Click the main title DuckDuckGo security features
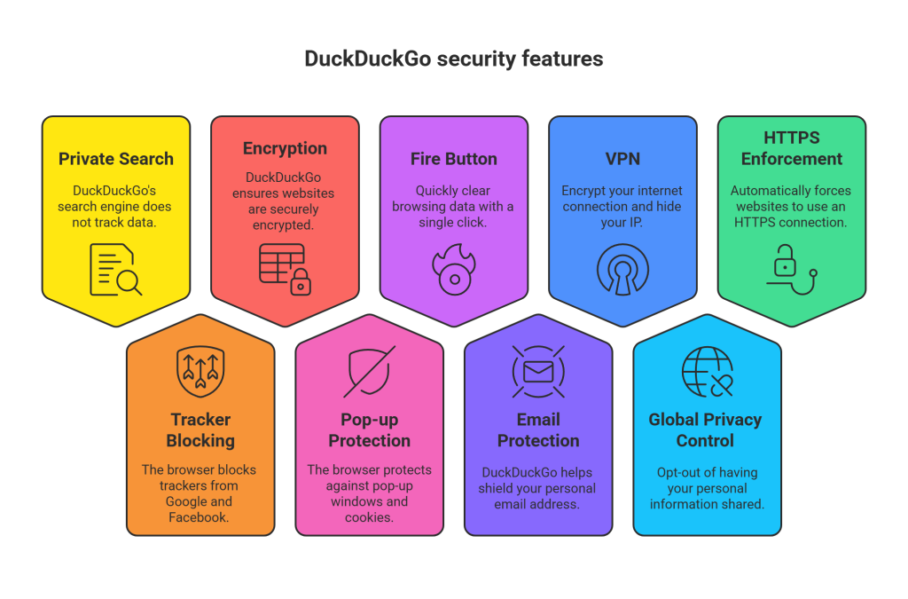tap(453, 59)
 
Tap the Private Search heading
tap(116, 159)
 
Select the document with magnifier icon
tap(115, 270)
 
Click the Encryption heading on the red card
tap(285, 148)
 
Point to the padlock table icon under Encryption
tap(286, 268)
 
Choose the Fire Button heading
tap(453, 159)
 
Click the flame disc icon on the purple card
tap(453, 270)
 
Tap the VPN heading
tap(622, 159)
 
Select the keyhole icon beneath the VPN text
tap(622, 270)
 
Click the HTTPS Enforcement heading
tap(791, 148)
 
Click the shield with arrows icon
tap(200, 372)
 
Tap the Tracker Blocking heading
tap(200, 430)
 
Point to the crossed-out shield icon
tap(369, 372)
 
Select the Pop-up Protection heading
tap(369, 430)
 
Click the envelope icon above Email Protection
tap(538, 371)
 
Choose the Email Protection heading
tap(538, 430)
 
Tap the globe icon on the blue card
tap(707, 372)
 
